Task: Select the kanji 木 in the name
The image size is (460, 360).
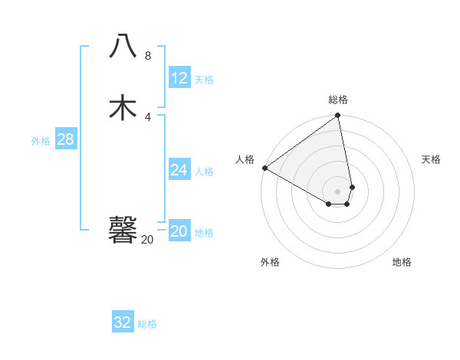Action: (123, 106)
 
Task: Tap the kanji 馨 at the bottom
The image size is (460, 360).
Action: (123, 229)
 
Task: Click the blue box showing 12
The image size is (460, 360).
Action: (179, 78)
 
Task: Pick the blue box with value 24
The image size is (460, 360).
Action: (179, 170)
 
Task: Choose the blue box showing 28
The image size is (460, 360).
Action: (65, 139)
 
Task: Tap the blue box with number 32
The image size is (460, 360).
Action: (123, 322)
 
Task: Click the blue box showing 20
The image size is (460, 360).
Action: (179, 231)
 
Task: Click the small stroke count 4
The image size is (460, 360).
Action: (148, 116)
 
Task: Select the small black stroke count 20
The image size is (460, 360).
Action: (148, 239)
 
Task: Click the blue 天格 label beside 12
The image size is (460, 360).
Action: (204, 80)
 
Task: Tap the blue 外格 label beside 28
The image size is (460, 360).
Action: (41, 141)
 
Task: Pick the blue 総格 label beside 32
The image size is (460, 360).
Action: (147, 324)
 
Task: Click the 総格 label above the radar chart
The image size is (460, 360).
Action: (338, 100)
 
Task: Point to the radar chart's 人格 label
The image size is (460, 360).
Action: (245, 159)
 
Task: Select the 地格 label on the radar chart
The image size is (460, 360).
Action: (402, 262)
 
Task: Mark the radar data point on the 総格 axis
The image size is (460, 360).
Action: (338, 116)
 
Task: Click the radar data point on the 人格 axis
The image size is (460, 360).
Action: (264, 168)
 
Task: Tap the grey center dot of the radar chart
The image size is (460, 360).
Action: (338, 191)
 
